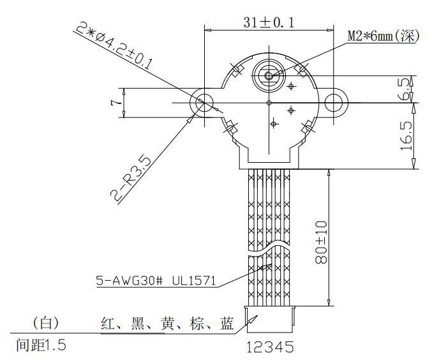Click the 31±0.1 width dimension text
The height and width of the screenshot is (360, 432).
pos(269,22)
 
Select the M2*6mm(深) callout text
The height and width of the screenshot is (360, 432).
pos(384,36)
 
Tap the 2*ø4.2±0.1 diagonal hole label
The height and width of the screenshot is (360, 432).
pos(114,45)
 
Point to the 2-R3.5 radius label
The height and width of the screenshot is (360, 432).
pos(131,180)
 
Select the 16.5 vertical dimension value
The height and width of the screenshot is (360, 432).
pos(406,136)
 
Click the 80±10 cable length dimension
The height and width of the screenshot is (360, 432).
pos(321,243)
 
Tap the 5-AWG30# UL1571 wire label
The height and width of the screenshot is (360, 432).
pos(156,281)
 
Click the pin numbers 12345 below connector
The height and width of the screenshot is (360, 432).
pos(270,347)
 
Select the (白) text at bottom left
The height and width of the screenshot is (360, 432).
pos(46,323)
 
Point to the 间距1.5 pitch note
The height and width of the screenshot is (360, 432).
pos(41,345)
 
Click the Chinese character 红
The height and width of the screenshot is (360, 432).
pos(108,324)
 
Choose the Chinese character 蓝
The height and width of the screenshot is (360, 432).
pos(227,324)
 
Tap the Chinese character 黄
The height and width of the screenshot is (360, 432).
pos(167,324)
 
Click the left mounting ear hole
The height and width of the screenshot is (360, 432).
pos(204,103)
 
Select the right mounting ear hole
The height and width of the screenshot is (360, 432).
pos(334,103)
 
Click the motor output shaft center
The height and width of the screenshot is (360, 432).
pos(269,75)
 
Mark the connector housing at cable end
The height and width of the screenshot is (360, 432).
pos(270,319)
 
